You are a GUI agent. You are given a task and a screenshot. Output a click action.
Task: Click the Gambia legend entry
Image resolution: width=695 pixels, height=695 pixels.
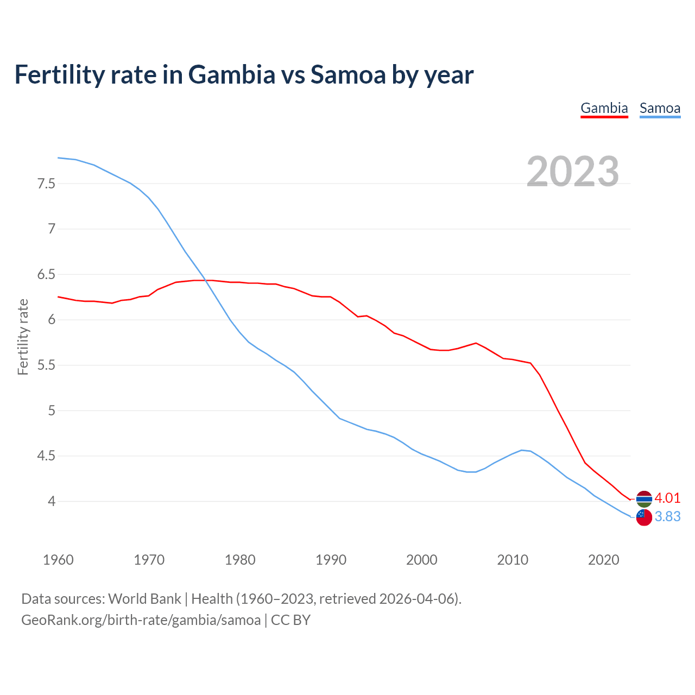(604, 108)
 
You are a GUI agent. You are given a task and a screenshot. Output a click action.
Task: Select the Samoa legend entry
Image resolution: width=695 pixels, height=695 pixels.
(660, 108)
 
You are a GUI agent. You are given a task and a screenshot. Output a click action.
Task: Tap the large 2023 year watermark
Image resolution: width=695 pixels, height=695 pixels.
(573, 172)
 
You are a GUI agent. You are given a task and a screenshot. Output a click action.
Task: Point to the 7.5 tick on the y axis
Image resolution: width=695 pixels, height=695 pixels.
(46, 184)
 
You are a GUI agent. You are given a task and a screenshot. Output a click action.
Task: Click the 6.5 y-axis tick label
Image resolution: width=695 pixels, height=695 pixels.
(46, 274)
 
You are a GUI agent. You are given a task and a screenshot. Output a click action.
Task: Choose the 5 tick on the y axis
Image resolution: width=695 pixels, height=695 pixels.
(52, 410)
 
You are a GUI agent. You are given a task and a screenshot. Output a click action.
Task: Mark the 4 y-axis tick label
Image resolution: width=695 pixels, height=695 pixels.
(52, 501)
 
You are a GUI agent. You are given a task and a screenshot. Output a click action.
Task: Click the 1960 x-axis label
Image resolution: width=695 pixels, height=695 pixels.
(58, 560)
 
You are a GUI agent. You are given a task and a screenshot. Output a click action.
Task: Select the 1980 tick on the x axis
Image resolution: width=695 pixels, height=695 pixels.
(240, 560)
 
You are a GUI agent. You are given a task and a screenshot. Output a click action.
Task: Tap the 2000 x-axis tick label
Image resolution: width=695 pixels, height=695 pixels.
(422, 560)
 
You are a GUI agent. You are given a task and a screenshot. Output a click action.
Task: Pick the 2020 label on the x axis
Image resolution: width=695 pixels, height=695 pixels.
(604, 560)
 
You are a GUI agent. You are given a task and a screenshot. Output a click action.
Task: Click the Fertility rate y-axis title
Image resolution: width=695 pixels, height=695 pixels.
(23, 337)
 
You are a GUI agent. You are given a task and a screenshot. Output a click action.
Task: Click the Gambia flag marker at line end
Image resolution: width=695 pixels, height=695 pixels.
(644, 498)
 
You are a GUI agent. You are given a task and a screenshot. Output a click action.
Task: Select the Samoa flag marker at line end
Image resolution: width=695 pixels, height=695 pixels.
(644, 517)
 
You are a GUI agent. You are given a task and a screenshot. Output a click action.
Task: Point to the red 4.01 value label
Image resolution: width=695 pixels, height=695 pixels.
(667, 498)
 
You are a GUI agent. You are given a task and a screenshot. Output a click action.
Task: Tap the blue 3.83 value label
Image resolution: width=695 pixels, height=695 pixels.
(667, 516)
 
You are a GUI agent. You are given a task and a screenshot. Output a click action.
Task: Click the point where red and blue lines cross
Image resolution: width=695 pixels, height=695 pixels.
(205, 280)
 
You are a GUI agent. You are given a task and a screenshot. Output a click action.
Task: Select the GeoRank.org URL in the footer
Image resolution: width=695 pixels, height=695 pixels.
(141, 620)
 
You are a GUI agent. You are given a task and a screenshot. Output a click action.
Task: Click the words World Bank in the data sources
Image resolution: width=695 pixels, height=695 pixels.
(144, 599)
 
